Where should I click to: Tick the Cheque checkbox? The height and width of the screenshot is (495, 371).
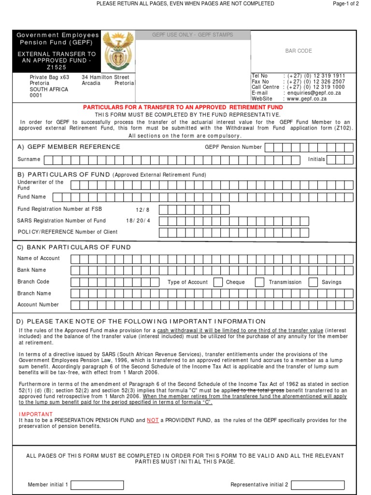pos(218,282)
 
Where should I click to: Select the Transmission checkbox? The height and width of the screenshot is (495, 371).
pos(259,282)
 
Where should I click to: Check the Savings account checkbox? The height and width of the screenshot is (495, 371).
pos(313,282)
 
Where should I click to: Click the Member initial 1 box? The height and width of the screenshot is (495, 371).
pos(98,485)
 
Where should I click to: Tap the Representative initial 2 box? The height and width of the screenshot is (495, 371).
pos(318,485)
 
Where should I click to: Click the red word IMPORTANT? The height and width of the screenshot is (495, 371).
pos(36,414)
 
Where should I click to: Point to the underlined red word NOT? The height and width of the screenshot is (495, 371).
pos(153,421)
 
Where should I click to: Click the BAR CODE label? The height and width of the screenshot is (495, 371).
pos(299,51)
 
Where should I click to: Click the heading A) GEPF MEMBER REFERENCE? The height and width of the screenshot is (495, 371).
pos(69,147)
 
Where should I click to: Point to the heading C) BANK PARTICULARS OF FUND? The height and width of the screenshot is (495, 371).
pos(74,247)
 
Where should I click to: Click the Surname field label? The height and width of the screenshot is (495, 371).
pos(29,160)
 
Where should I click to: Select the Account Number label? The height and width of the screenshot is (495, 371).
pos(38,305)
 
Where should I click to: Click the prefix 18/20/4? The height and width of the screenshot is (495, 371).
pos(138,220)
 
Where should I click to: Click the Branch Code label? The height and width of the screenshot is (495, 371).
pos(33,281)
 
